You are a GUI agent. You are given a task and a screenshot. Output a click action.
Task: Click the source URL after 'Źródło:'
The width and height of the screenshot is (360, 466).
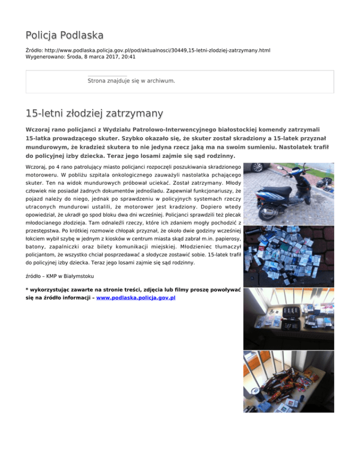[x=159, y=49]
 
